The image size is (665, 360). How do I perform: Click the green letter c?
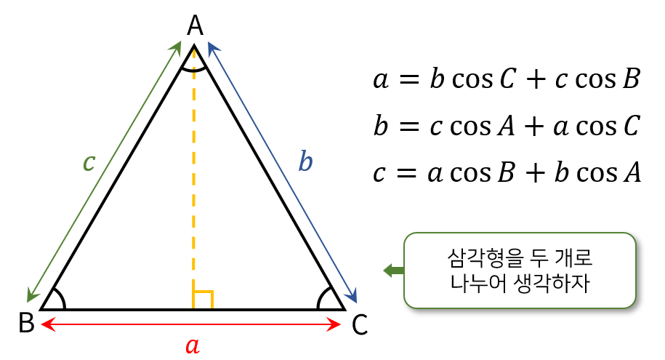[x=89, y=163]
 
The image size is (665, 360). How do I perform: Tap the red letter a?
[x=192, y=345]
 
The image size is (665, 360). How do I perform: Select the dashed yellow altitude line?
[x=194, y=182]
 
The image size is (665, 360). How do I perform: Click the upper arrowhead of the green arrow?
[x=177, y=47]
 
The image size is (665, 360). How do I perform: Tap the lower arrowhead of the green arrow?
[x=31, y=296]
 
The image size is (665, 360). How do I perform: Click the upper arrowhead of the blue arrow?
[x=211, y=47]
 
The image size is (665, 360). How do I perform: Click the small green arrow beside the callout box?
[x=393, y=271]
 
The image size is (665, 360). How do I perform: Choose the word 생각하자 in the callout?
[x=545, y=284]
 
